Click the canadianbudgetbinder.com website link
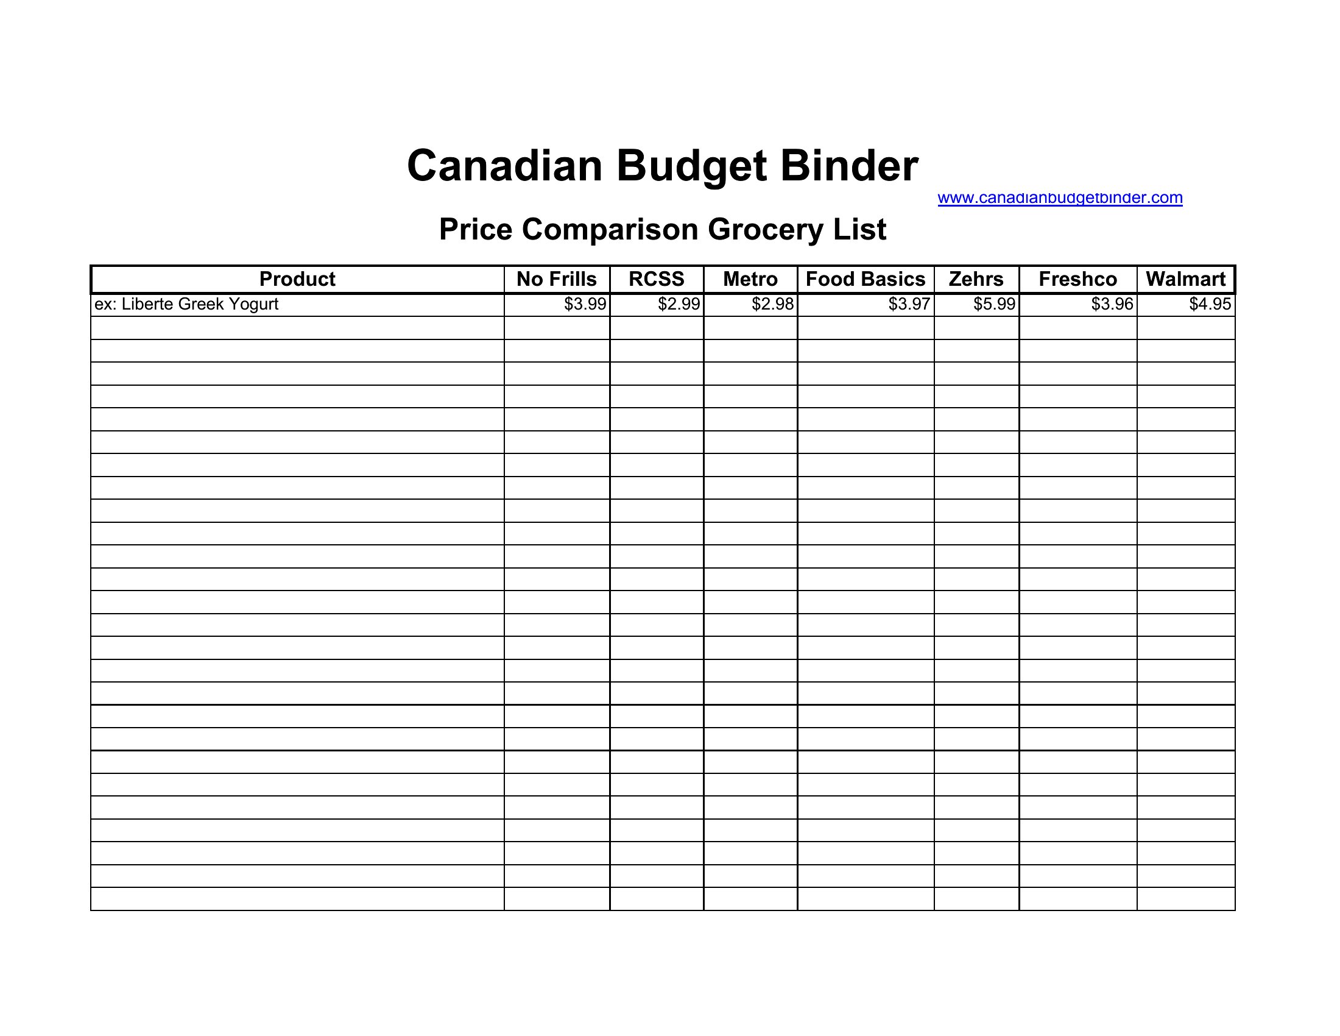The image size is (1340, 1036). pyautogui.click(x=1060, y=198)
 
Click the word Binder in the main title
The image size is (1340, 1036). pyautogui.click(x=849, y=166)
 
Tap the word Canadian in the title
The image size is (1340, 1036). pyautogui.click(x=504, y=166)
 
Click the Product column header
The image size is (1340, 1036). pyautogui.click(x=297, y=279)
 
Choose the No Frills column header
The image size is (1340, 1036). pyautogui.click(x=557, y=279)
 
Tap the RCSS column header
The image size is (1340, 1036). pyautogui.click(x=657, y=279)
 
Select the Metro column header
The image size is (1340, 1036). pyautogui.click(x=750, y=279)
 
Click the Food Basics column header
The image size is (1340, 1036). pyautogui.click(x=865, y=279)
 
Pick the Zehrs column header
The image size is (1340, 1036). pyautogui.click(x=976, y=279)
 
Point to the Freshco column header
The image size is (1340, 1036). pyautogui.click(x=1077, y=279)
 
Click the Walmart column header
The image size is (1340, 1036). pyautogui.click(x=1185, y=279)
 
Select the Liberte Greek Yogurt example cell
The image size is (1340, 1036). pyautogui.click(x=186, y=305)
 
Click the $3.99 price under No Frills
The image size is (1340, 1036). pyautogui.click(x=585, y=305)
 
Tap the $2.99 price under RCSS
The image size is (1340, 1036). pyautogui.click(x=679, y=305)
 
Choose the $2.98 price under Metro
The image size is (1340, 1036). pyautogui.click(x=772, y=305)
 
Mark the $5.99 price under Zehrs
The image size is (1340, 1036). pyautogui.click(x=994, y=305)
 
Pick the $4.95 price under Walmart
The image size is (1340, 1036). pyautogui.click(x=1210, y=305)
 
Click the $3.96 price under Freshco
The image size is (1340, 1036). pyautogui.click(x=1112, y=305)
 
